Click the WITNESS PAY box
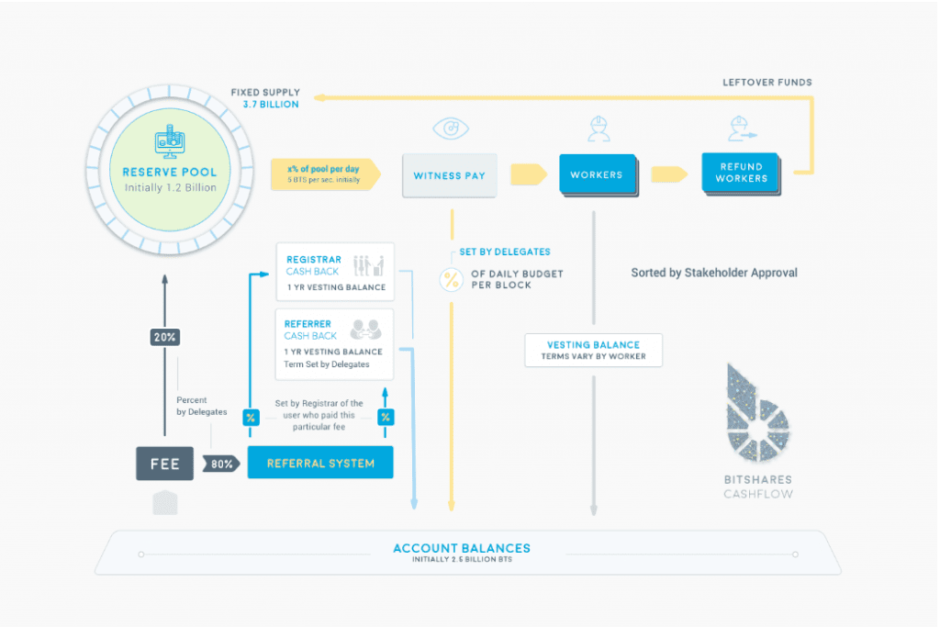[450, 175]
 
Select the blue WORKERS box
[597, 174]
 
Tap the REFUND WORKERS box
[740, 173]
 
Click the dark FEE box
[165, 464]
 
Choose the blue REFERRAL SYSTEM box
[320, 463]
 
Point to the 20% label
[165, 337]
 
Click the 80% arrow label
[220, 464]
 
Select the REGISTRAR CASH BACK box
[334, 272]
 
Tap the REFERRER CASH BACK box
[334, 343]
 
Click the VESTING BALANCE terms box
[593, 350]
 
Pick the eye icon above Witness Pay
[450, 129]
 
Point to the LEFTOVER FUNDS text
[767, 83]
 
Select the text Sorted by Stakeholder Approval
[714, 273]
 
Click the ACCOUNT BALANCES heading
[461, 548]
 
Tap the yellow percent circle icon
[451, 280]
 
